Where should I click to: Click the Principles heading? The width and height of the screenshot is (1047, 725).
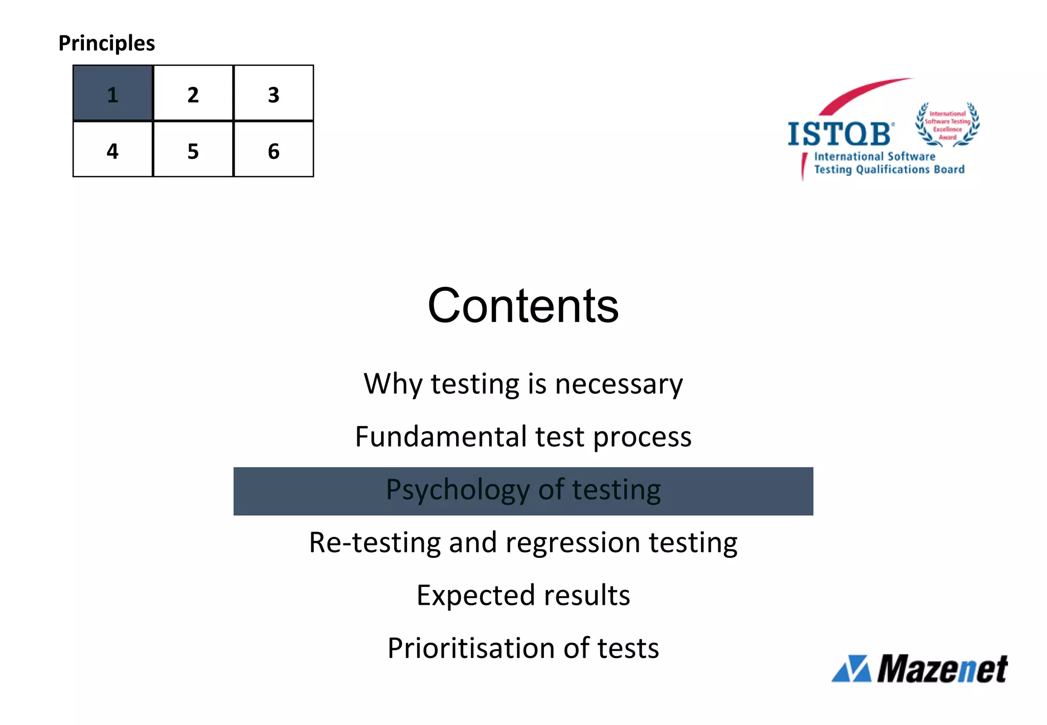point(106,43)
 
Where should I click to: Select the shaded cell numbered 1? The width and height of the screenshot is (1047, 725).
point(113,93)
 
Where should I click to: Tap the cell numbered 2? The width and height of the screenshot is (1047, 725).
point(193,93)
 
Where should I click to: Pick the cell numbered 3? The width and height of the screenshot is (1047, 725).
point(274,93)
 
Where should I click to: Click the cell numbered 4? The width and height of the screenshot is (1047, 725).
point(113,149)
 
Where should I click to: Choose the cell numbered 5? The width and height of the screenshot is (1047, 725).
point(193,149)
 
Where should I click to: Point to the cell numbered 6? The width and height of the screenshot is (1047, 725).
point(274,149)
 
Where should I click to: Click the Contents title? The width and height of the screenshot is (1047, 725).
point(523,305)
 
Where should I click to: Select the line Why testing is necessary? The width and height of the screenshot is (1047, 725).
point(523,383)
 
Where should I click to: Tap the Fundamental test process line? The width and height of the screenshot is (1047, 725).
point(523,437)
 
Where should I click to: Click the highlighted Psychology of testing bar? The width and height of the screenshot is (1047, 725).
point(523,491)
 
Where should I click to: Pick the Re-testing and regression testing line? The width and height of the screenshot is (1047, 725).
point(523,542)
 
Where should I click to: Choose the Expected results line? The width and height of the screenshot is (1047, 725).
point(523,595)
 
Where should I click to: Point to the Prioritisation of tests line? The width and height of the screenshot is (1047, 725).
point(523,648)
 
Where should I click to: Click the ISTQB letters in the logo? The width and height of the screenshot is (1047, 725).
point(840,134)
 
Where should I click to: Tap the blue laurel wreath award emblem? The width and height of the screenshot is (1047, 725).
point(947,124)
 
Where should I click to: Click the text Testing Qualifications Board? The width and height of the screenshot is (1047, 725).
point(889,169)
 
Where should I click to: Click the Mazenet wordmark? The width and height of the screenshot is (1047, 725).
point(942,669)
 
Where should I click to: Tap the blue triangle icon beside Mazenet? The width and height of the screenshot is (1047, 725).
point(852,669)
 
